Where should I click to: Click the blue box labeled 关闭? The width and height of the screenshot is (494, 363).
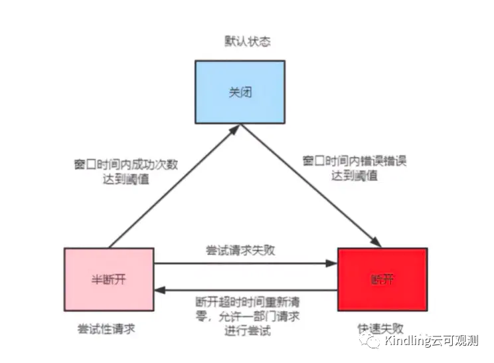(x=240, y=92)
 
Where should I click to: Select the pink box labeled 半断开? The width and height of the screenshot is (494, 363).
(x=109, y=279)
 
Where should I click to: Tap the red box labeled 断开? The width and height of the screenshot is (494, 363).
(x=382, y=279)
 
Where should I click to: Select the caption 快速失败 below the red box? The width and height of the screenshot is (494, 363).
(x=380, y=328)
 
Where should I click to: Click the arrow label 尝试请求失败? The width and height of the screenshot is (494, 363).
(x=240, y=251)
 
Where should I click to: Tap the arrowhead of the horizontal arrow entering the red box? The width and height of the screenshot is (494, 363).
(x=332, y=263)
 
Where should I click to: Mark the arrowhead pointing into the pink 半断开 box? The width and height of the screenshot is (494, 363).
(x=160, y=290)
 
